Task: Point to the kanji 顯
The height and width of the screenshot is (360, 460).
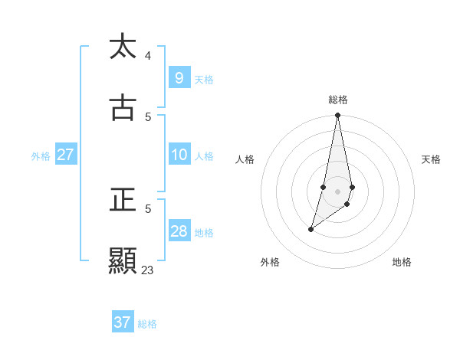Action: coord(123,261)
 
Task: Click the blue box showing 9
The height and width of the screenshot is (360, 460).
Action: coord(179,77)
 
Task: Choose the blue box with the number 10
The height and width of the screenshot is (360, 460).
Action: coord(179,155)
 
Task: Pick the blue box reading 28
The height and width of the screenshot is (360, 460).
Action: coord(179,231)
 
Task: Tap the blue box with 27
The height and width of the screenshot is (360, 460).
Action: coord(65,155)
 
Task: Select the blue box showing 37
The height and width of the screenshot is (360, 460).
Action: coord(122,322)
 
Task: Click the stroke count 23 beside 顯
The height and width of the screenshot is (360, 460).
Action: coord(147,270)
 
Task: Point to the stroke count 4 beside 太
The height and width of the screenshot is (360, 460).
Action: coord(148,55)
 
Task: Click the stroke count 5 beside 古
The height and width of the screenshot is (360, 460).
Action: coord(148,117)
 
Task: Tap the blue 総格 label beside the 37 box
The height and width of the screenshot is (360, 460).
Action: coord(147,324)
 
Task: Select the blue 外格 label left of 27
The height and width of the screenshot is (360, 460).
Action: coord(41,156)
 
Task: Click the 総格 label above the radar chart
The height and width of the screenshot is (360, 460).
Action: coord(338,100)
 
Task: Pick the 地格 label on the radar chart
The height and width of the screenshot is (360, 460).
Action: coord(402,262)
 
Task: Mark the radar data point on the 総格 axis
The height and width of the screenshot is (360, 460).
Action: coord(337,116)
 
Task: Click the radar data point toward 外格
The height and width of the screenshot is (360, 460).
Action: coord(310,229)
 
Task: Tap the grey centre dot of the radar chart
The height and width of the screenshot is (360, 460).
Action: coord(337,191)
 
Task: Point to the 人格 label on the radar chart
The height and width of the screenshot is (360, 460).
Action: coord(245,159)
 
